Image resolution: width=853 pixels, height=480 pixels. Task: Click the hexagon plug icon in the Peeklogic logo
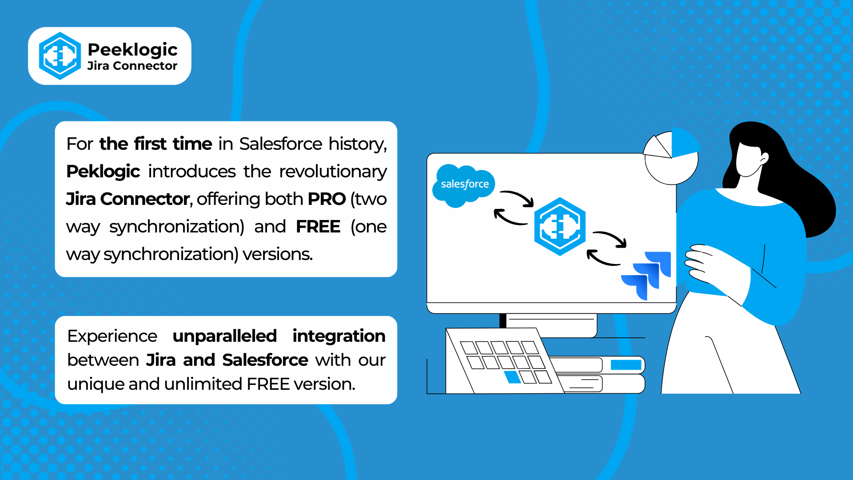pyautogui.click(x=60, y=56)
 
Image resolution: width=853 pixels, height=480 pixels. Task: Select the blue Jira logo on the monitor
pyautogui.click(x=646, y=276)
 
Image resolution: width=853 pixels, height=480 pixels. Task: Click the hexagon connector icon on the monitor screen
pyautogui.click(x=560, y=226)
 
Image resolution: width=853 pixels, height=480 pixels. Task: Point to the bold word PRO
pyautogui.click(x=327, y=199)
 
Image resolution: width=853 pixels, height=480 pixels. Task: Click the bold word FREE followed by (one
pyautogui.click(x=318, y=227)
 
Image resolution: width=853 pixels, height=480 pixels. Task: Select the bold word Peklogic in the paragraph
pyautogui.click(x=103, y=172)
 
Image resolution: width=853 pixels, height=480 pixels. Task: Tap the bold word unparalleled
pyautogui.click(x=225, y=336)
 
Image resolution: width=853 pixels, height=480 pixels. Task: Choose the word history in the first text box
pyautogui.click(x=358, y=144)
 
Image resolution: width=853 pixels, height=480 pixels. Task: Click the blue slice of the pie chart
pyautogui.click(x=684, y=143)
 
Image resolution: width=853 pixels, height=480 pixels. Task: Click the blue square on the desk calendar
pyautogui.click(x=513, y=377)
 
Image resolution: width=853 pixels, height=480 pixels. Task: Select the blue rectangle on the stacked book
pyautogui.click(x=626, y=365)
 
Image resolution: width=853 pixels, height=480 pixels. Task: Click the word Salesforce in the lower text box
pyautogui.click(x=265, y=360)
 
